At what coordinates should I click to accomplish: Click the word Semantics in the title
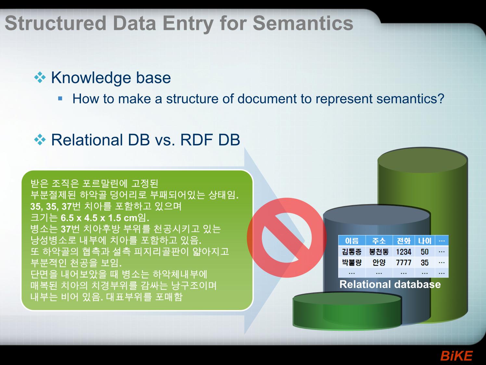pyautogui.click(x=303, y=23)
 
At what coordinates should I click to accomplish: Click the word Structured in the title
pyautogui.click(x=56, y=23)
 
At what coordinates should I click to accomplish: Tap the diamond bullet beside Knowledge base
pyautogui.click(x=40, y=78)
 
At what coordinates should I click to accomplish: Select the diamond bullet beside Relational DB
pyautogui.click(x=40, y=140)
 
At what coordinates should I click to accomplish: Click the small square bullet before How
pyautogui.click(x=60, y=98)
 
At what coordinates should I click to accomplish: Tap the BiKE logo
pyautogui.click(x=456, y=356)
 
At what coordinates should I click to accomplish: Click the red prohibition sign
pyautogui.click(x=287, y=238)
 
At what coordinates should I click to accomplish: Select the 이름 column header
pyautogui.click(x=352, y=241)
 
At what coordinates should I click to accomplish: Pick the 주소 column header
pyautogui.click(x=379, y=241)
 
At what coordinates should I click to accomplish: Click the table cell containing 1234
pyautogui.click(x=403, y=252)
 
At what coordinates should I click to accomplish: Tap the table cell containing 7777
pyautogui.click(x=403, y=262)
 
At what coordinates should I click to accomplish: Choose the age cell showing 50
pyautogui.click(x=425, y=252)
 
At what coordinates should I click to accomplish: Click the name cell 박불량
pyautogui.click(x=352, y=262)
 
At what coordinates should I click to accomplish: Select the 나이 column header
pyautogui.click(x=425, y=241)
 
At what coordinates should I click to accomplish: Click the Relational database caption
pyautogui.click(x=390, y=284)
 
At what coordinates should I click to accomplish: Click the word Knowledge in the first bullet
pyautogui.click(x=91, y=78)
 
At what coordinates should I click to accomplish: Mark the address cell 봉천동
pyautogui.click(x=379, y=252)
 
